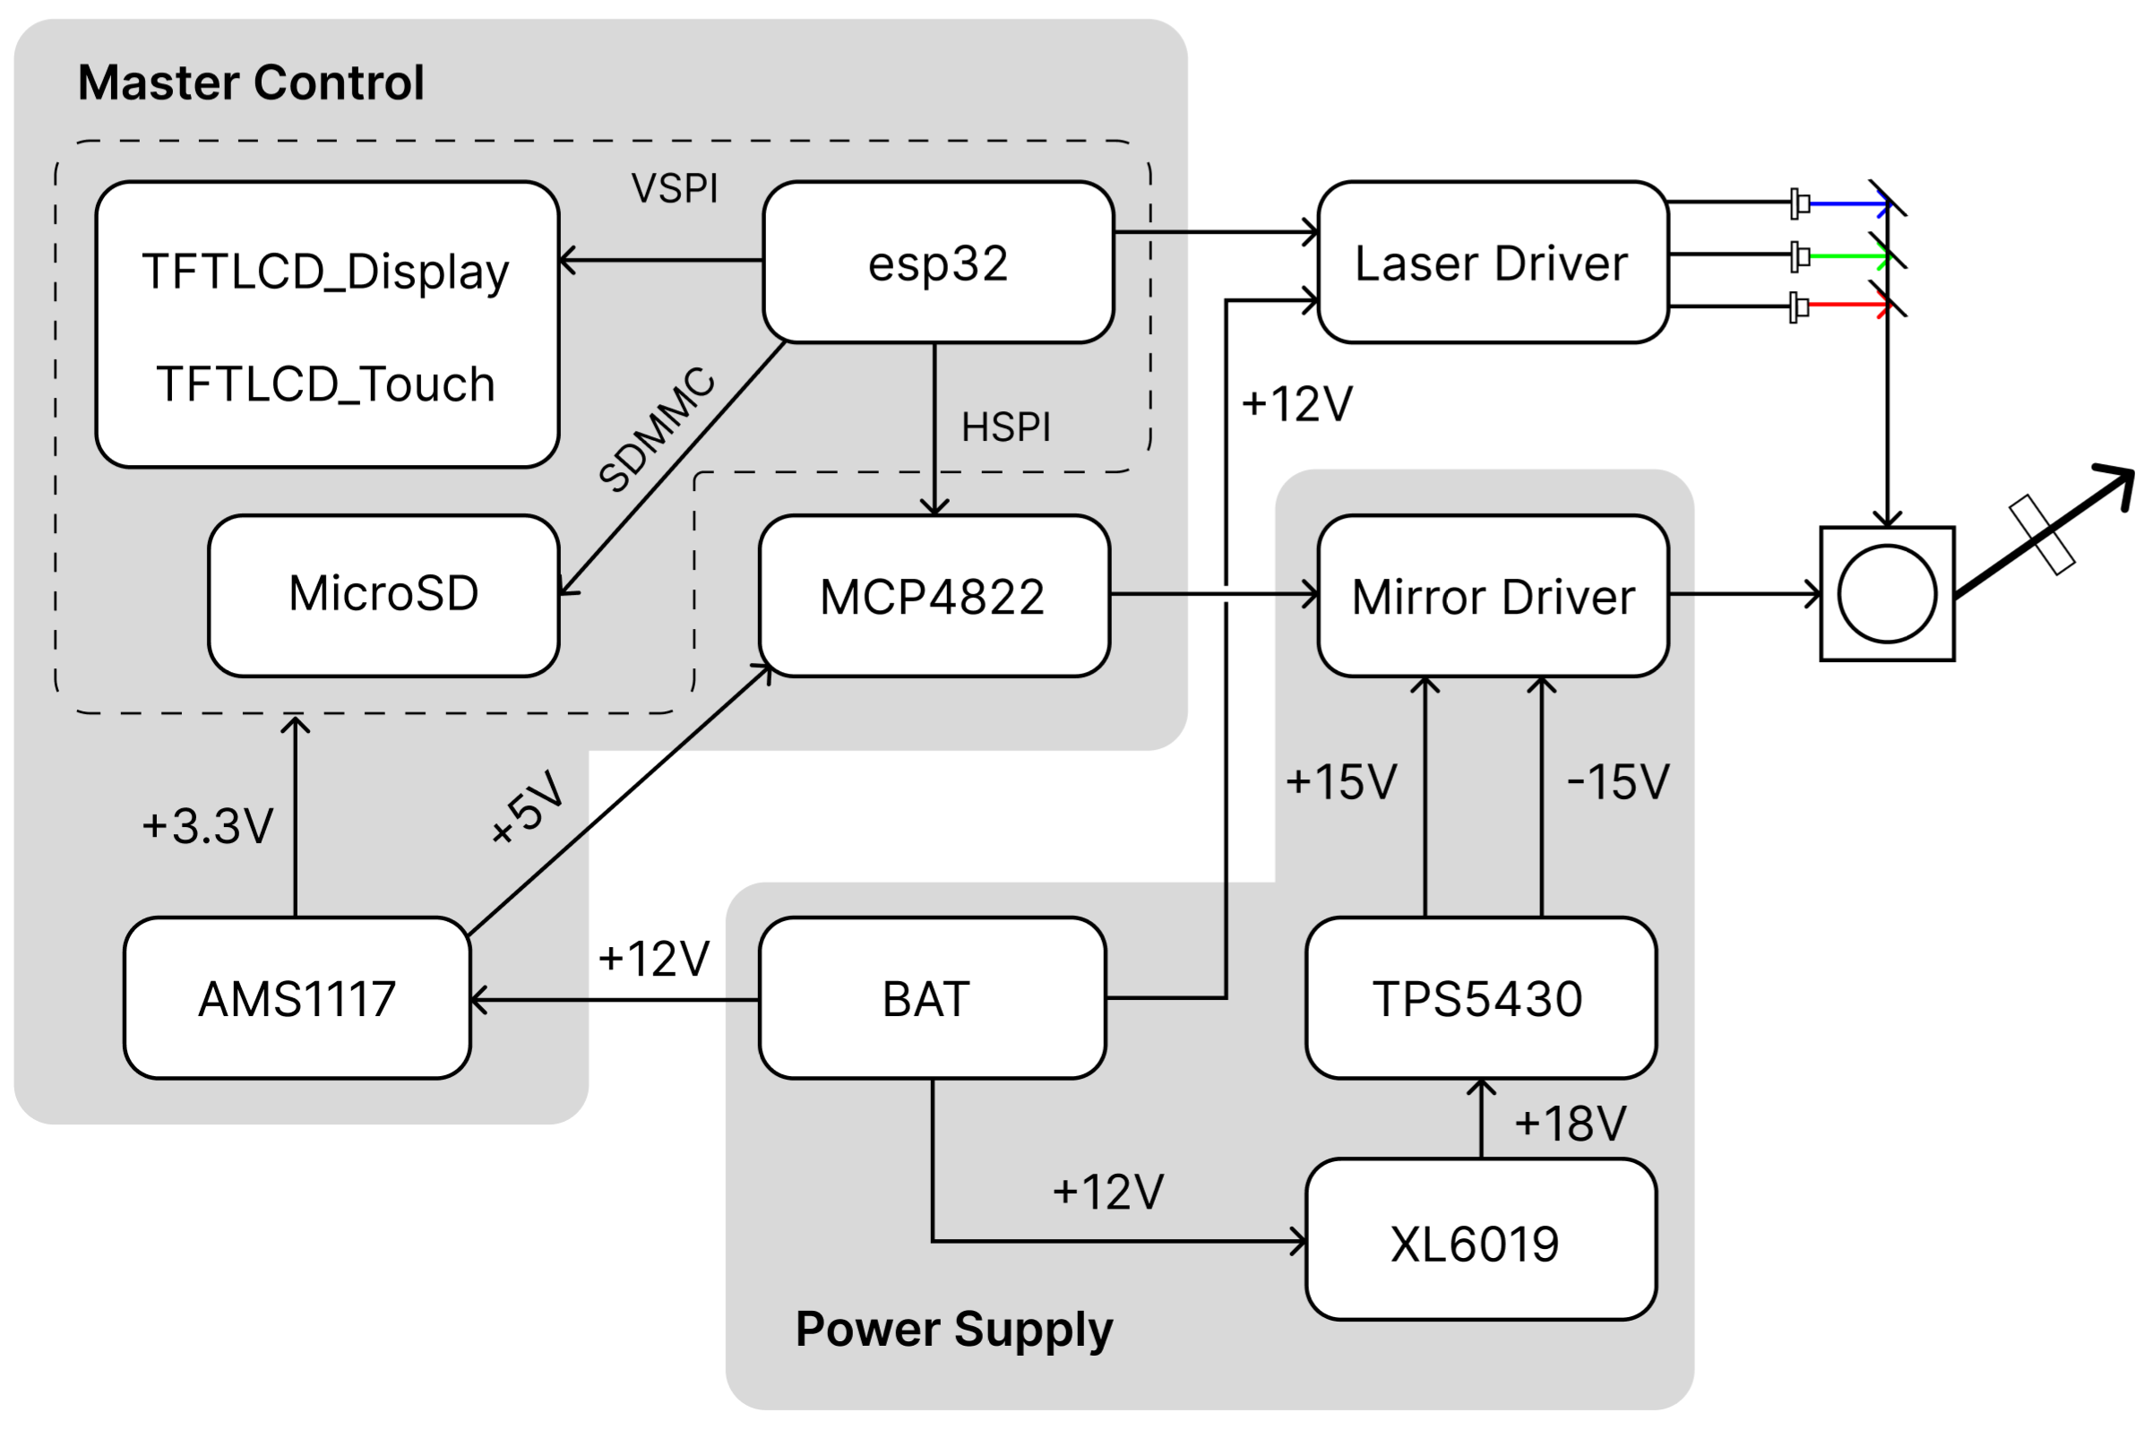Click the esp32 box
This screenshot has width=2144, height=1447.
pyautogui.click(x=938, y=263)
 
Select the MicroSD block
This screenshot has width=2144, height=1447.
pyautogui.click(x=383, y=596)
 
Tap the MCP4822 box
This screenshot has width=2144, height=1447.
pyautogui.click(x=934, y=596)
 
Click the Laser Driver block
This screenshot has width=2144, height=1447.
pyautogui.click(x=1493, y=263)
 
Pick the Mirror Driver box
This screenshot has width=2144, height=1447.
pyautogui.click(x=1493, y=596)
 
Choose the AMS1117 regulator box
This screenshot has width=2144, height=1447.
pyautogui.click(x=297, y=997)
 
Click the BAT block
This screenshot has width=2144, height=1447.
pyautogui.click(x=933, y=997)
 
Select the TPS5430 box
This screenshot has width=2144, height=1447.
pyautogui.click(x=1481, y=997)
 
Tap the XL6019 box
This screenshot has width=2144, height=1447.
pyautogui.click(x=1481, y=1239)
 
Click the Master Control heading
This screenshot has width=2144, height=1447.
pyautogui.click(x=251, y=82)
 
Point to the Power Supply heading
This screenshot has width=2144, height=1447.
pyautogui.click(x=954, y=1330)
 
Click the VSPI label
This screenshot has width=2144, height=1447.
pyautogui.click(x=675, y=188)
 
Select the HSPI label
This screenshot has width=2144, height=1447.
pyautogui.click(x=1005, y=427)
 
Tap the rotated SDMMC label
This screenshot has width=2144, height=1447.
pyautogui.click(x=657, y=429)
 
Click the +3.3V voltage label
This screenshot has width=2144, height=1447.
pyautogui.click(x=208, y=826)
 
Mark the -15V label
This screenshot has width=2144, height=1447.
pyautogui.click(x=1618, y=782)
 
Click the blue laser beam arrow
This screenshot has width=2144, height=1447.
pyautogui.click(x=1850, y=204)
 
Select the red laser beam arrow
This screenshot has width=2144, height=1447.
pyautogui.click(x=1850, y=307)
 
